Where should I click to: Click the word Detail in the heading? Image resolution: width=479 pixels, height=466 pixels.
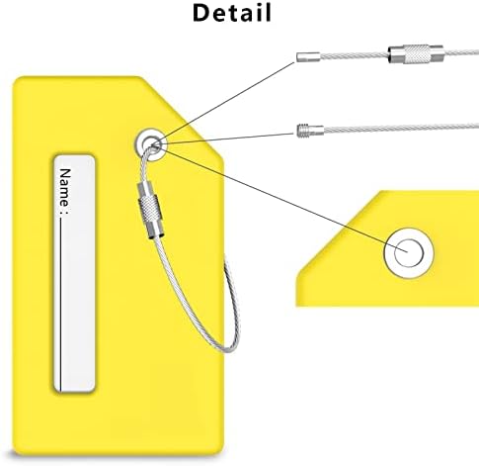(232, 13)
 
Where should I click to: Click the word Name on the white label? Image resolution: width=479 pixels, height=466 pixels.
(65, 186)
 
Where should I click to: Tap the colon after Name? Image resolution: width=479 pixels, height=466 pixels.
(65, 211)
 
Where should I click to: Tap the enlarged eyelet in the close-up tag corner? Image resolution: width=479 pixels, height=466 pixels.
(409, 253)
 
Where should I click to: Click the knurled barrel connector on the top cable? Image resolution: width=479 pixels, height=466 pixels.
(416, 53)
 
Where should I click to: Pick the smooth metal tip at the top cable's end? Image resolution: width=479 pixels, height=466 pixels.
(308, 56)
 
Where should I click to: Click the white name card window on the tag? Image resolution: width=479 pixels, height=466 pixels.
(74, 273)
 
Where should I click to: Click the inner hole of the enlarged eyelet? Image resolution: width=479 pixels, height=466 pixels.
(409, 253)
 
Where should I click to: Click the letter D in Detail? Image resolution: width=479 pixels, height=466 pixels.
(201, 13)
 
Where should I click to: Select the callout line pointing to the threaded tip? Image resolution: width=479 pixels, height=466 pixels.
(227, 139)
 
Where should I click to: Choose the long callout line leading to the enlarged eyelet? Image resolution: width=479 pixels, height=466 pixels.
(284, 199)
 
